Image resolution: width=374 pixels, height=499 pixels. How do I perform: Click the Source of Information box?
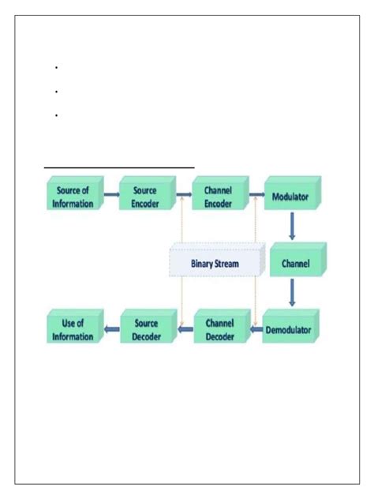[x=73, y=197]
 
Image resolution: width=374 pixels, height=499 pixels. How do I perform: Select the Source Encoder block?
[x=144, y=197]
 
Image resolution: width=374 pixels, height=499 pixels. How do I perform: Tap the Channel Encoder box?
[x=217, y=197]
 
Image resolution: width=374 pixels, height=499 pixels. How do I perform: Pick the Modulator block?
[x=290, y=197]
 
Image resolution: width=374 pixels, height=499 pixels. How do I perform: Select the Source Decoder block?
[x=147, y=329]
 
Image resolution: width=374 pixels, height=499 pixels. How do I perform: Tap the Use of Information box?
[x=73, y=329]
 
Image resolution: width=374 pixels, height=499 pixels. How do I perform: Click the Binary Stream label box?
[x=215, y=263]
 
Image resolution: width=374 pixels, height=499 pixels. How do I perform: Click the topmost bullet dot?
[x=58, y=68]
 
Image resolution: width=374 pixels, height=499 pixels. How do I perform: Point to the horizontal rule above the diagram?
[x=118, y=167]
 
